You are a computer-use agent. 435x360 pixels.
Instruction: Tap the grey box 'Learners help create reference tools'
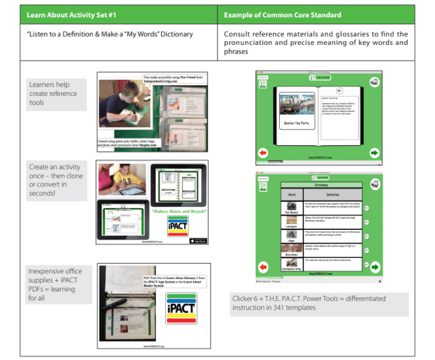pyautogui.click(x=54, y=93)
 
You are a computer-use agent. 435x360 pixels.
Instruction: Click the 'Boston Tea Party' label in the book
pyautogui.click(x=298, y=123)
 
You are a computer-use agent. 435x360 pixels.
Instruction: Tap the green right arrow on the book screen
pyautogui.click(x=374, y=153)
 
